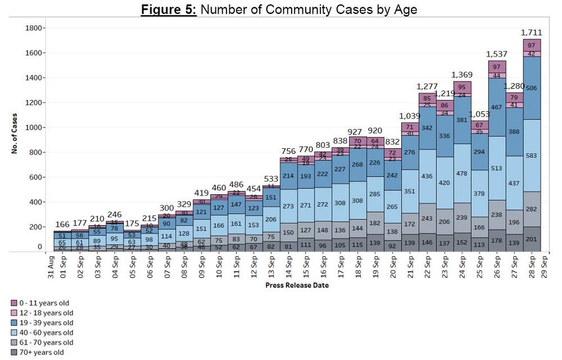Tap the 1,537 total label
coord(496,54)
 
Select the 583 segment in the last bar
coord(532,156)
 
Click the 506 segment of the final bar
coord(532,88)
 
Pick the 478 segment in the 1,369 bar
coord(461,174)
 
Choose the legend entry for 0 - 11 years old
coord(46,302)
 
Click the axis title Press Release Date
coord(297,285)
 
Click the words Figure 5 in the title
coord(169,10)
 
